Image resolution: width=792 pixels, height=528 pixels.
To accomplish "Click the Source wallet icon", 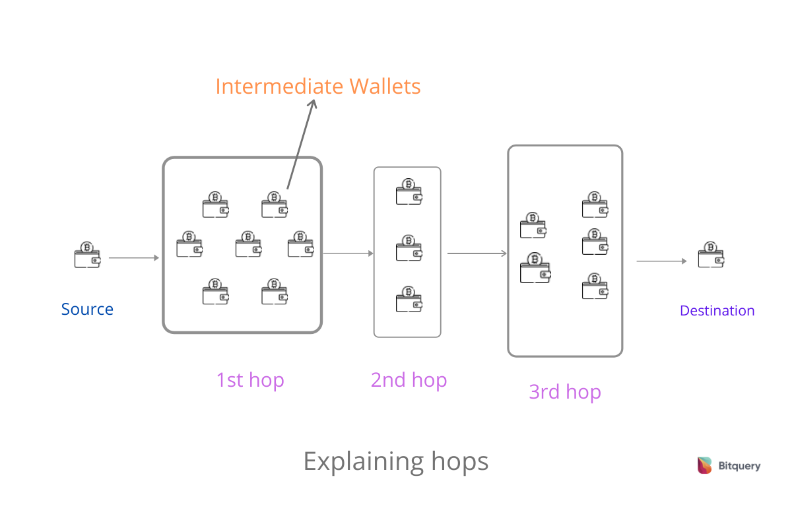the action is tap(87, 255).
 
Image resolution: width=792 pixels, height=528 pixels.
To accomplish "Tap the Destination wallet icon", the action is tap(711, 255).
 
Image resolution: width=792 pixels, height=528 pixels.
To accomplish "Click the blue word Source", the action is tap(87, 309).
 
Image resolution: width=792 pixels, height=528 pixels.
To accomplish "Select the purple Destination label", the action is tap(717, 311).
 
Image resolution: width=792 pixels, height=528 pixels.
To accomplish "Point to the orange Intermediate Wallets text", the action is tap(317, 86).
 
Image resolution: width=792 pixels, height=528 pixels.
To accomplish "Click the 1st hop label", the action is tap(249, 380).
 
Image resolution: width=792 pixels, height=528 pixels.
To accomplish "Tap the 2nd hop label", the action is tap(409, 380).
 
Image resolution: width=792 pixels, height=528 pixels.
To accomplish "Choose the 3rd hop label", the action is tap(565, 392).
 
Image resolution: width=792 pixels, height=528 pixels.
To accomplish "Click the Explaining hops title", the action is tap(395, 461).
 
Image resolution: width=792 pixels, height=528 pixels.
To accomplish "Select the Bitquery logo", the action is tap(729, 465).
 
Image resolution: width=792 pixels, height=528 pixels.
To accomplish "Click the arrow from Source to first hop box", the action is tap(133, 258).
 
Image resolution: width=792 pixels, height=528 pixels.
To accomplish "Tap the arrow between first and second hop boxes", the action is tap(348, 253).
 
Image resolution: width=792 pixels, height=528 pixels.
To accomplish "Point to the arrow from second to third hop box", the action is tap(477, 253).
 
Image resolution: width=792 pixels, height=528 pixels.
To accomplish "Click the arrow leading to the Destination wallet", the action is tap(661, 261).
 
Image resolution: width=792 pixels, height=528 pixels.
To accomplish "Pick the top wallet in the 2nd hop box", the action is tap(409, 191).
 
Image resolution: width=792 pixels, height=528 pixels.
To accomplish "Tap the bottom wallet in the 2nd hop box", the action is tap(409, 299).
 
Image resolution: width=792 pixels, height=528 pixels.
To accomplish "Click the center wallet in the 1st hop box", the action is tap(248, 244).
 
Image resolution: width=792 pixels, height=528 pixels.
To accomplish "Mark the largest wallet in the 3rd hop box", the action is tap(535, 268).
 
